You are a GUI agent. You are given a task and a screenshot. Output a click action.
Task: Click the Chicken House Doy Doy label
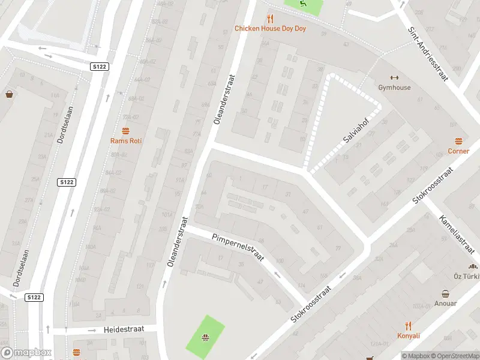[x=270, y=28]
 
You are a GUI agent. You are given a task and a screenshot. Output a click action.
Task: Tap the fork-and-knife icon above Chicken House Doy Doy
[x=270, y=18]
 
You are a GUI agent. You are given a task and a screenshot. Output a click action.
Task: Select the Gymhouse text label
[x=394, y=88]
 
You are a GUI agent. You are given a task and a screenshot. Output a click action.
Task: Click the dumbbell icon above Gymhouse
[x=394, y=77]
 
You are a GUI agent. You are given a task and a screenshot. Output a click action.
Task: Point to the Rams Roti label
[x=125, y=141]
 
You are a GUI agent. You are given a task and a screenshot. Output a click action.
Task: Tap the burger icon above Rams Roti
[x=125, y=131]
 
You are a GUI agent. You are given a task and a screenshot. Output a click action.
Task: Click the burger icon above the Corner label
[x=458, y=141]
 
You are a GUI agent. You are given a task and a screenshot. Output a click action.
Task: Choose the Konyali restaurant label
[x=408, y=335]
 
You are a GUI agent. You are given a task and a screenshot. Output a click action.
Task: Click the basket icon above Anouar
[x=446, y=293]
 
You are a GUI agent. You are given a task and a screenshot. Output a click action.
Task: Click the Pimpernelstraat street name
[x=238, y=247]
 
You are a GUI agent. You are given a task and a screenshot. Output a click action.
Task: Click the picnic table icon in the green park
[x=205, y=337]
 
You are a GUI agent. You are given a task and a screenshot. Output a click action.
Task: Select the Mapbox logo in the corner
[x=26, y=353]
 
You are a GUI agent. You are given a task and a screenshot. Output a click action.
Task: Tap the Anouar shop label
[x=446, y=304]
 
